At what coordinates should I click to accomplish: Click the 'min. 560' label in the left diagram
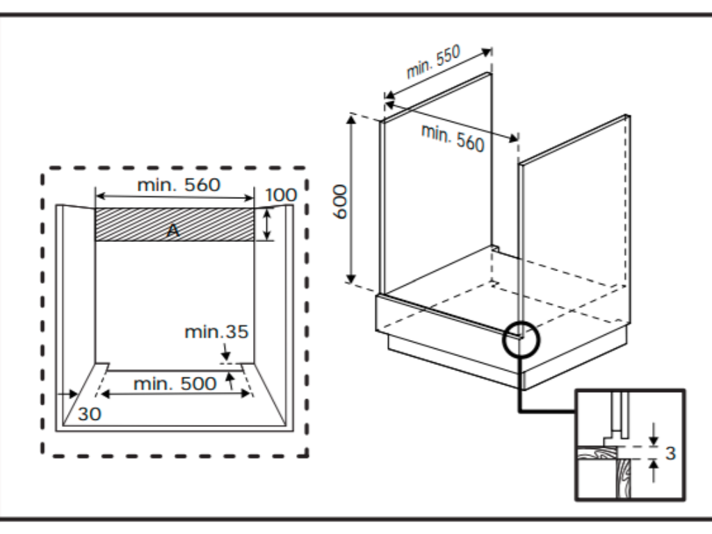[178, 185]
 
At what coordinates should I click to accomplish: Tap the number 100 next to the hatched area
[280, 195]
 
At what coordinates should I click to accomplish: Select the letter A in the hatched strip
[172, 232]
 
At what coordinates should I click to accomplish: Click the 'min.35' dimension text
[216, 332]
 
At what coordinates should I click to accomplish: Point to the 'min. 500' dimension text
[175, 384]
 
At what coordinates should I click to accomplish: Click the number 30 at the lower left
[89, 414]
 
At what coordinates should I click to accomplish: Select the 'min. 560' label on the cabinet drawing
[453, 136]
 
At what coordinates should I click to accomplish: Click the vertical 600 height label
[341, 202]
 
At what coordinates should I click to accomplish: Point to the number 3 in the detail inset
[670, 453]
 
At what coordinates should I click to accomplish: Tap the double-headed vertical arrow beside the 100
[266, 224]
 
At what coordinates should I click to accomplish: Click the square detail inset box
[629, 445]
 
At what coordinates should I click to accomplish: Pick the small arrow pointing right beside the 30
[70, 395]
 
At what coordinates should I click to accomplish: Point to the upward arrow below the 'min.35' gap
[229, 380]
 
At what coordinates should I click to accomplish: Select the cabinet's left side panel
[435, 188]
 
